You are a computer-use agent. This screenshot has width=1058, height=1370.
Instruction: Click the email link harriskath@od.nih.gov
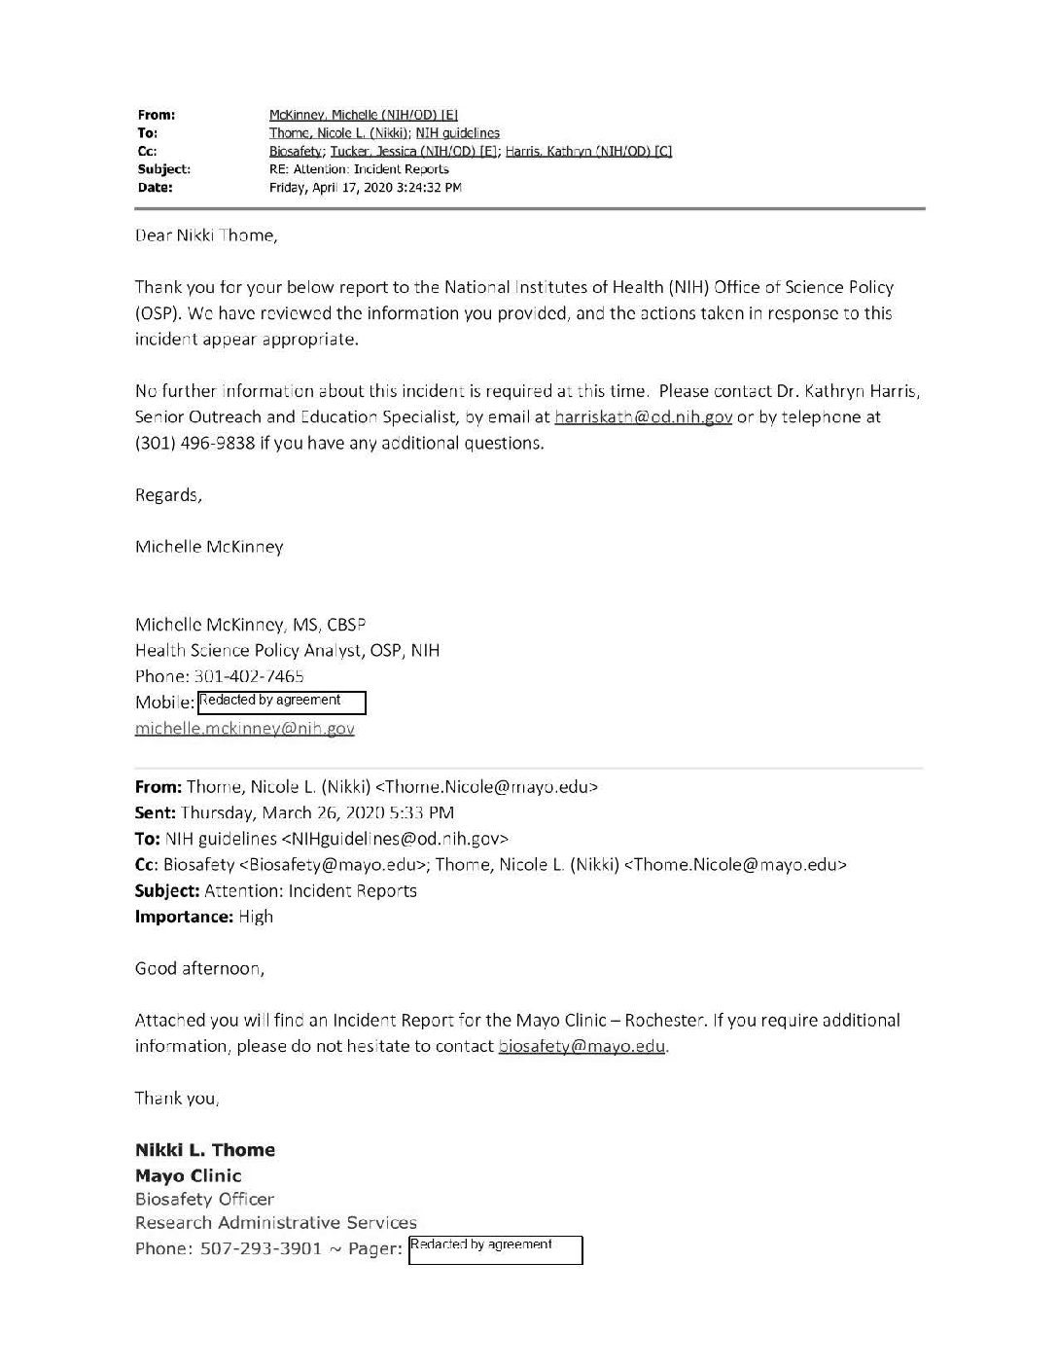tap(643, 417)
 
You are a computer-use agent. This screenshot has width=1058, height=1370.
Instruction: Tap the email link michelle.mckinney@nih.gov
tap(244, 728)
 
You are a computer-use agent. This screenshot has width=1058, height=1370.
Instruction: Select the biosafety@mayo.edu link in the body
tap(582, 1046)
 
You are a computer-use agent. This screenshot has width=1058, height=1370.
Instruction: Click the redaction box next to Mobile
tap(282, 702)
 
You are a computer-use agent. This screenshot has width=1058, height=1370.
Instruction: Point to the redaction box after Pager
tap(495, 1249)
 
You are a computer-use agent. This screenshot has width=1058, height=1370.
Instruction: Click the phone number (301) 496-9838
tap(194, 443)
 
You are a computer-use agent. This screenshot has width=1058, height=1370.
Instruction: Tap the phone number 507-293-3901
tap(261, 1248)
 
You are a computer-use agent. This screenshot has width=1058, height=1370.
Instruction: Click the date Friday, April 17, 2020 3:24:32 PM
tap(365, 188)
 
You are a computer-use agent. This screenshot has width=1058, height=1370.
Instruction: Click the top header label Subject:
tap(163, 169)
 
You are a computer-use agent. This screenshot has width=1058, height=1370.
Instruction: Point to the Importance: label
tap(184, 917)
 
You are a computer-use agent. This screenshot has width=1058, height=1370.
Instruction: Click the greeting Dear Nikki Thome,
tap(205, 235)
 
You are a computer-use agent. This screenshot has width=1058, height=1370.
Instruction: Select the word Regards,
tap(168, 495)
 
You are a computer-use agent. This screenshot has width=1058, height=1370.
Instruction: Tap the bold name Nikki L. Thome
tap(205, 1150)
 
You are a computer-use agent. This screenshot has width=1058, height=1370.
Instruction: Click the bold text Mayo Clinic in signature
tap(188, 1175)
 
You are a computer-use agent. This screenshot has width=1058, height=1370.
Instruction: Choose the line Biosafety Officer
tap(204, 1199)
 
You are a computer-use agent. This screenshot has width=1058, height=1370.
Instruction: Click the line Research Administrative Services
tap(275, 1222)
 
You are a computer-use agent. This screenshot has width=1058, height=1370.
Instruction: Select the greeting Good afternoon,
tap(198, 968)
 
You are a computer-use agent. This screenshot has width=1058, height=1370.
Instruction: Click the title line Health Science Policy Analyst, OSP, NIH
tap(287, 650)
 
